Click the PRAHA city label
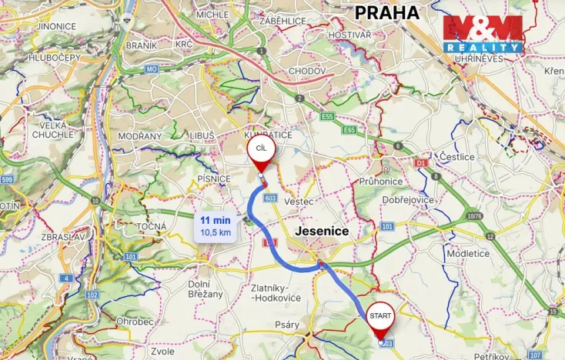386,12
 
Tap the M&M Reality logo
483,34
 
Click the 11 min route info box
216,226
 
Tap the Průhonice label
383,182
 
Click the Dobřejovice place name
408,199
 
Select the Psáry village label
287,325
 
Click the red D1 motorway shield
420,163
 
